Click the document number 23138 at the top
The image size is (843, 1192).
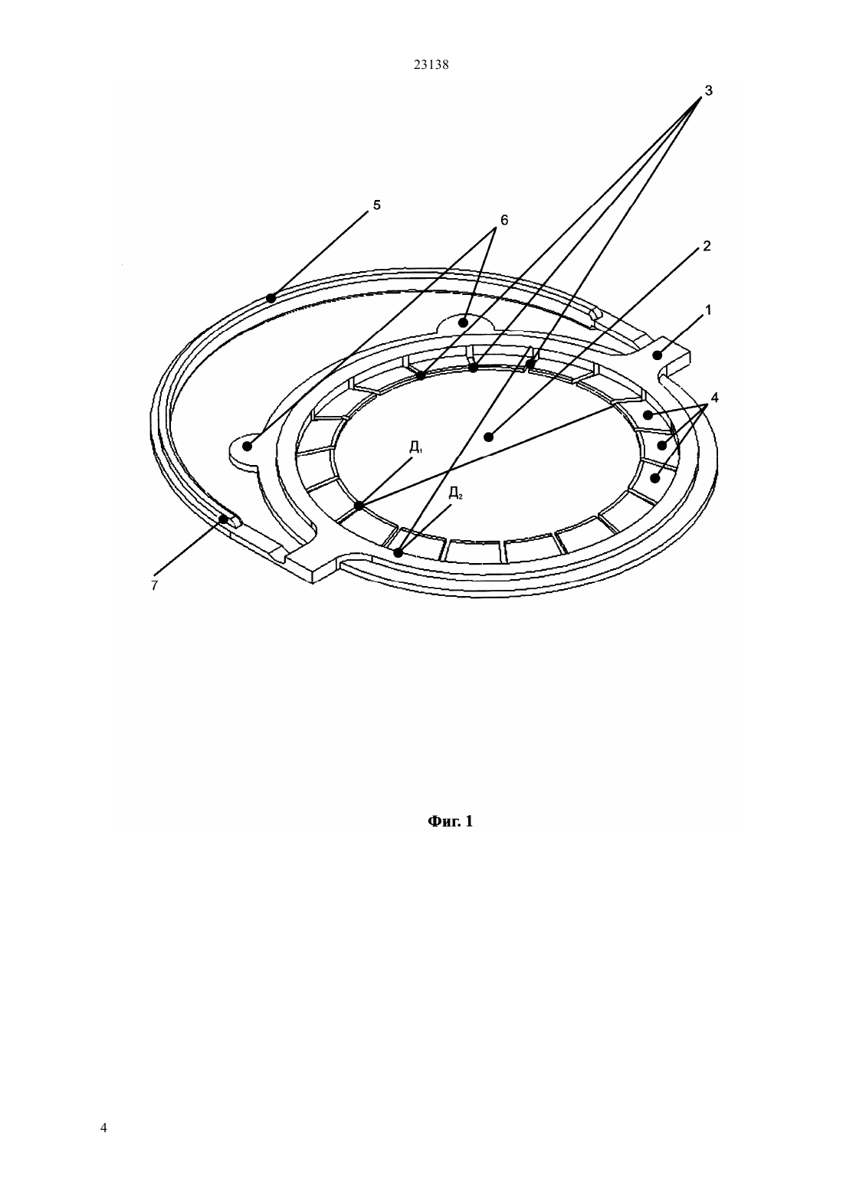click(431, 65)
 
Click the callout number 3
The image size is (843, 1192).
click(708, 91)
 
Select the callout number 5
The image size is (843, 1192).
click(377, 205)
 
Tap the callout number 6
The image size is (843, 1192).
click(504, 220)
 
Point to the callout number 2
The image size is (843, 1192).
click(707, 246)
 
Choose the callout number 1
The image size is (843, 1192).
click(708, 309)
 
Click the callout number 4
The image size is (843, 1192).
click(714, 398)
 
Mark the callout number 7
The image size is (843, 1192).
click(154, 585)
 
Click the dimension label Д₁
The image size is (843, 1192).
click(416, 447)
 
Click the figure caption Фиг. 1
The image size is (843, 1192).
click(451, 821)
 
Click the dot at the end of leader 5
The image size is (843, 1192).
click(271, 298)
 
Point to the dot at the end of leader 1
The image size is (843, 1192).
click(659, 355)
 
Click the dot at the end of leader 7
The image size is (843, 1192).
click(225, 519)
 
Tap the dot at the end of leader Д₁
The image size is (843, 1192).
click(359, 506)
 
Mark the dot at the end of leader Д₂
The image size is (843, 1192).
click(398, 553)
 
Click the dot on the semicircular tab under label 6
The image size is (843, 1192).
click(463, 323)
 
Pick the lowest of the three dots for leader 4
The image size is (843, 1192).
click(655, 478)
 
